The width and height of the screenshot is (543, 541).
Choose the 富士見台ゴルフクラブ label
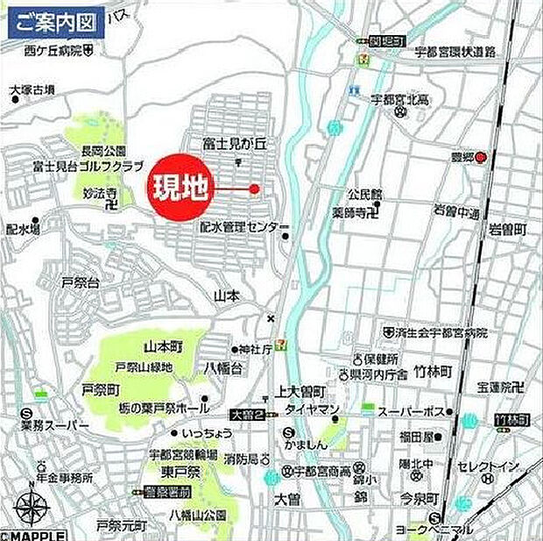75,165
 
